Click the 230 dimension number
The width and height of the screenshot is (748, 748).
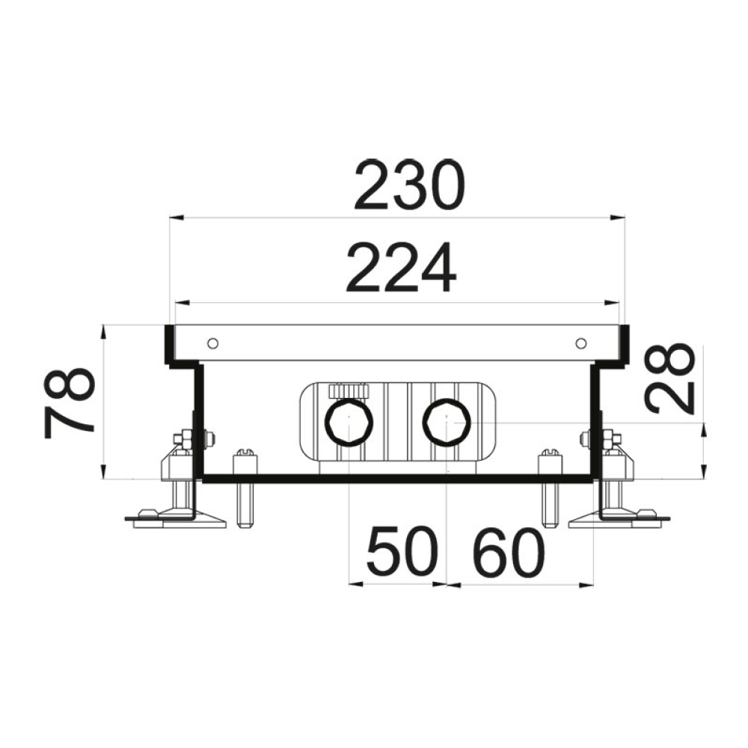(x=408, y=185)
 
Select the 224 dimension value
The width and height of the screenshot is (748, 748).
(x=401, y=267)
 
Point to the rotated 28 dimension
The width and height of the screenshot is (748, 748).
(x=669, y=378)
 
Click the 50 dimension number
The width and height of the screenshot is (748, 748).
(x=402, y=551)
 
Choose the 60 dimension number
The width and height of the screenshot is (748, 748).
(x=509, y=552)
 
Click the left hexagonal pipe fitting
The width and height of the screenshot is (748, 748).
(x=349, y=423)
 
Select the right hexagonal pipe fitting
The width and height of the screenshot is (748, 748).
(x=447, y=422)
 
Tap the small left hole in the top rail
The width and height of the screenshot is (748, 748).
(x=213, y=343)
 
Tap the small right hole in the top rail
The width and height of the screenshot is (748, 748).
(x=580, y=343)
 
